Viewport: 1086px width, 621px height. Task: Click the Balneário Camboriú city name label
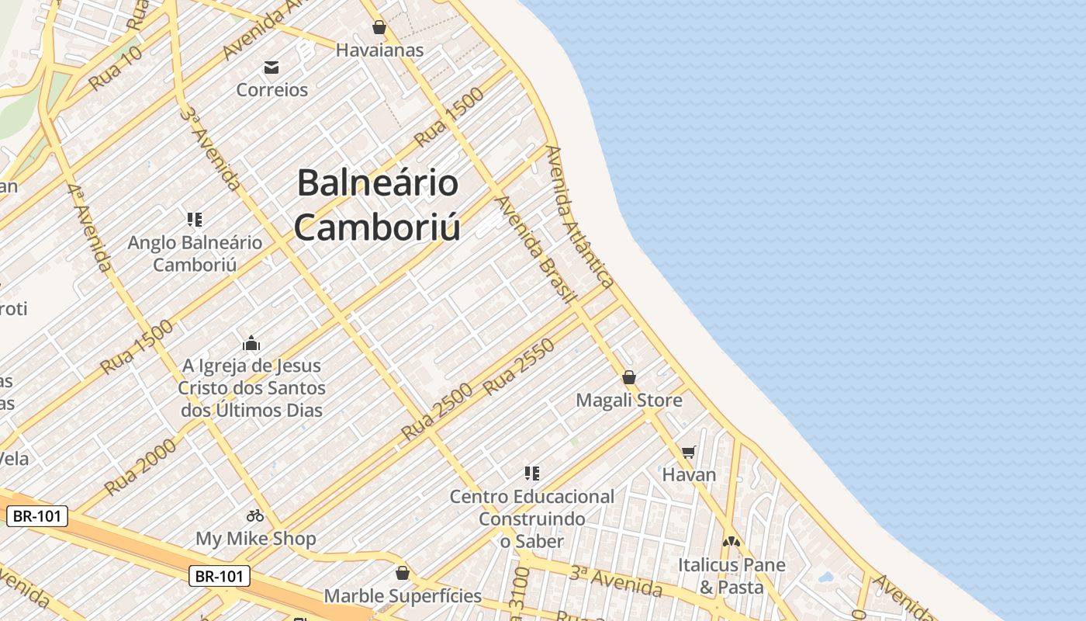pos(378,205)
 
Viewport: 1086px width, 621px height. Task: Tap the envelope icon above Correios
pos(271,68)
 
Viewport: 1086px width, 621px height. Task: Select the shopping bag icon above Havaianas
pos(379,28)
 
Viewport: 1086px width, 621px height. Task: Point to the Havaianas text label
pos(379,50)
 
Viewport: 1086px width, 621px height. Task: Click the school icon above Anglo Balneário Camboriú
pos(194,220)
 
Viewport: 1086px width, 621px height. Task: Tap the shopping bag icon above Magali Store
pos(629,377)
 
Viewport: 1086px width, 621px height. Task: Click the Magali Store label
pos(629,401)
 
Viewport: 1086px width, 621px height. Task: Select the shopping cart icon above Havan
pos(689,451)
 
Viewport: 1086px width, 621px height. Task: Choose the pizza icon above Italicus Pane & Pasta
pos(731,541)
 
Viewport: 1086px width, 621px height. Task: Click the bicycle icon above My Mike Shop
pos(255,515)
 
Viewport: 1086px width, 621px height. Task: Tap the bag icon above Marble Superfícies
pos(402,573)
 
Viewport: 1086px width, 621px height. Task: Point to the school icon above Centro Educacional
pos(531,473)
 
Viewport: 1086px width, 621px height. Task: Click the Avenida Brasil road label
pos(536,249)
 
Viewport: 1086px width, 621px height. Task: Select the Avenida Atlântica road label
pos(579,217)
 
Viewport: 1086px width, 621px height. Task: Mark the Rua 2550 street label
pos(519,367)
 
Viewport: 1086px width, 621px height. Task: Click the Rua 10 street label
pos(116,68)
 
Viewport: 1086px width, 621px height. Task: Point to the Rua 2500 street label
pos(437,413)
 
